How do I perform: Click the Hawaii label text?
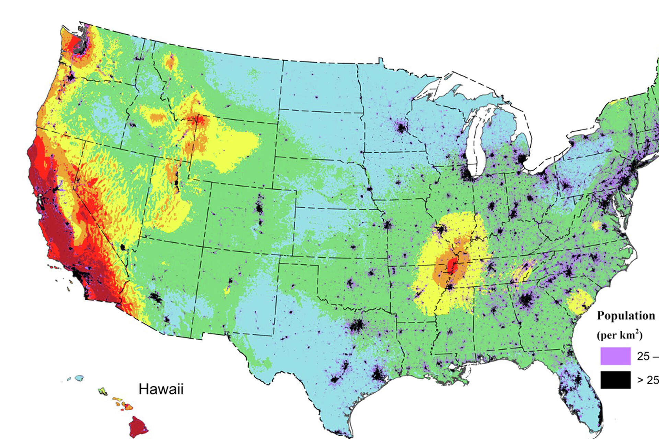(161, 389)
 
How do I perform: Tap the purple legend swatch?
(615, 356)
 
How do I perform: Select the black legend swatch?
(615, 380)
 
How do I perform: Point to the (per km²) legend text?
(620, 335)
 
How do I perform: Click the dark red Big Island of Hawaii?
(138, 426)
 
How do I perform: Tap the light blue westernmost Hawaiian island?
(79, 378)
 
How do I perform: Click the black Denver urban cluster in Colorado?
(259, 208)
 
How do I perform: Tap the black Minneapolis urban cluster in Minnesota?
(401, 128)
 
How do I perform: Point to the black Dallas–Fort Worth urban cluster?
(357, 325)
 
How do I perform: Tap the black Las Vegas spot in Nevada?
(123, 247)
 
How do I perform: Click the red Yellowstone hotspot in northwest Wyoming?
(199, 120)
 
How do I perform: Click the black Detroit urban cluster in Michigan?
(522, 159)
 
